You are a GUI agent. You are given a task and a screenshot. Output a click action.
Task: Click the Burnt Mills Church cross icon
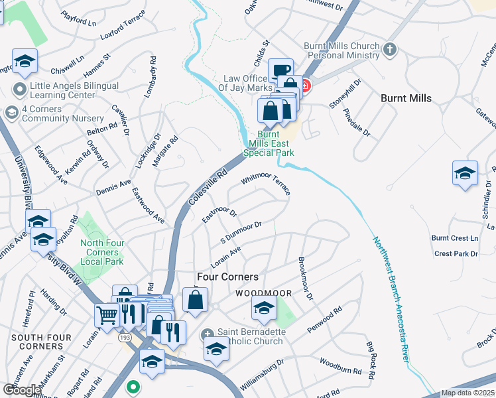coord(391,49)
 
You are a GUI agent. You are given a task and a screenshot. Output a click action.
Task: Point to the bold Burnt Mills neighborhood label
coord(406,98)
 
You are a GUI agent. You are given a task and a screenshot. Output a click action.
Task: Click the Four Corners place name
coord(227,276)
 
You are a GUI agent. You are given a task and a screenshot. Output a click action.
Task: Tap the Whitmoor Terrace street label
coord(266,185)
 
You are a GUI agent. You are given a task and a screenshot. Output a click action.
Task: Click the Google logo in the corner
coord(21,390)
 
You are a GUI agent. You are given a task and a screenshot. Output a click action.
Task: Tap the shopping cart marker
coord(107,314)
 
